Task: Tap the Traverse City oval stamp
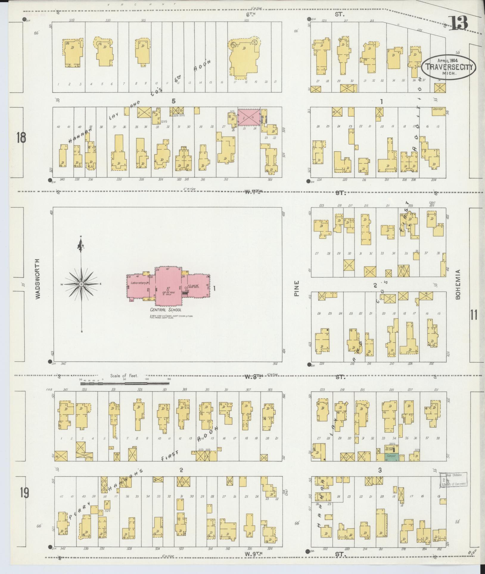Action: [448, 67]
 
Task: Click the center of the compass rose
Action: [81, 284]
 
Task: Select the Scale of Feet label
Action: [124, 376]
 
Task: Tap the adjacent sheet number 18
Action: [21, 138]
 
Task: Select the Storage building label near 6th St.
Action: [438, 109]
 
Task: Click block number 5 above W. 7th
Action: [173, 101]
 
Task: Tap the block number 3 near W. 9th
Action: [380, 470]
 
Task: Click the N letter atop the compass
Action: [81, 237]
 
